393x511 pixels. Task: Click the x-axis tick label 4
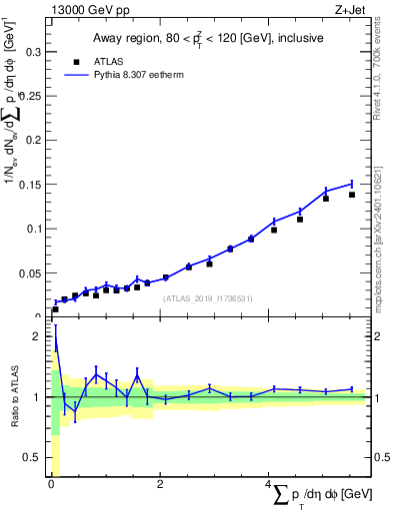click(x=268, y=484)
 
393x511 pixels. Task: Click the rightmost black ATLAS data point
click(x=352, y=195)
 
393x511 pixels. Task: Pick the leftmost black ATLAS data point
click(x=55, y=309)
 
